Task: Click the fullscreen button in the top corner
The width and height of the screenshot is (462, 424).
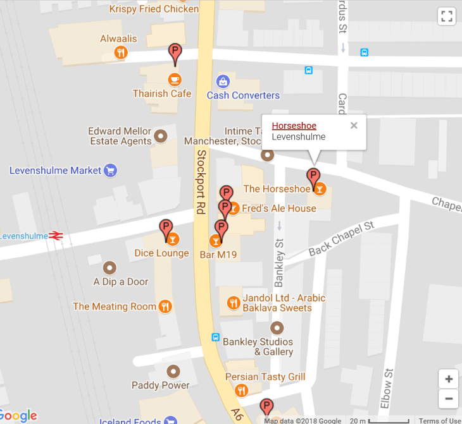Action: [x=447, y=16]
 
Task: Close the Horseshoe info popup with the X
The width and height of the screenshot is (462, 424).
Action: [x=354, y=125]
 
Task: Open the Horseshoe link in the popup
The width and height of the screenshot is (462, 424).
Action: [x=294, y=126]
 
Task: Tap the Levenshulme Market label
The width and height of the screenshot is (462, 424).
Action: [x=55, y=171]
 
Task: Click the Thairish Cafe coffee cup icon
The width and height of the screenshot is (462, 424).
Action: [x=175, y=80]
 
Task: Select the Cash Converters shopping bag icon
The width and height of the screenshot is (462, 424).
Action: [x=223, y=81]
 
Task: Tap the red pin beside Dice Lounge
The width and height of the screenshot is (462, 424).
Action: [x=165, y=228]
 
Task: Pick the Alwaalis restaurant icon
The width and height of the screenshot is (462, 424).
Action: [x=121, y=53]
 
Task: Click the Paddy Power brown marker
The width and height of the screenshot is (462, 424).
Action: [x=173, y=371]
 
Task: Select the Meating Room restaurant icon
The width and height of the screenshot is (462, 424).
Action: [x=165, y=306]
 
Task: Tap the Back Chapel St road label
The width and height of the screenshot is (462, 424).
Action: [x=342, y=238]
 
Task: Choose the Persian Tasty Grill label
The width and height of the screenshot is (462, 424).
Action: [x=265, y=377]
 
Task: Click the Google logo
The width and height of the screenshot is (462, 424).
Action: [x=19, y=415]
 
